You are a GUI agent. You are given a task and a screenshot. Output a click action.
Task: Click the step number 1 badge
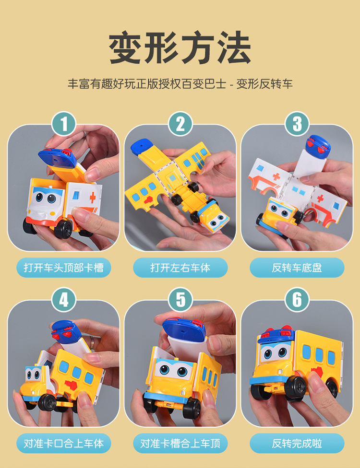tap(64, 124)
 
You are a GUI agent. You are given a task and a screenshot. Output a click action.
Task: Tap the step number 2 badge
tap(180, 124)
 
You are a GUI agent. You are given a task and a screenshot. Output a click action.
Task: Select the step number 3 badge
tap(297, 124)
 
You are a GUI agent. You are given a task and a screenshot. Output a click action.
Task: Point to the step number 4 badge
tap(64, 299)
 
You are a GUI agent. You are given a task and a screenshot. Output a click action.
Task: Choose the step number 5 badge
tap(180, 299)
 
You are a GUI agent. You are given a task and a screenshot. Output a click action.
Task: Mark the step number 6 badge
tap(297, 299)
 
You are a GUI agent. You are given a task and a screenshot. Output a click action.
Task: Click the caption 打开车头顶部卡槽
tap(64, 268)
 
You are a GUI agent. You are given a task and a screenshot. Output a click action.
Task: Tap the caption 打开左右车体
tap(180, 268)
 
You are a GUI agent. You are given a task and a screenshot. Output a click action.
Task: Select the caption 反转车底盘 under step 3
tap(297, 268)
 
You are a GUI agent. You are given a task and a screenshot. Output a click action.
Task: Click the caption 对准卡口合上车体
tap(64, 444)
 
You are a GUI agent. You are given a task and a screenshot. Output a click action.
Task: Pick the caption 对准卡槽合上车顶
tap(180, 444)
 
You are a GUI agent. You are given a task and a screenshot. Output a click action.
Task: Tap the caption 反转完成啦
tap(297, 444)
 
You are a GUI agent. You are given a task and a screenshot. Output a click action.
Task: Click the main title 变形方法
tap(180, 48)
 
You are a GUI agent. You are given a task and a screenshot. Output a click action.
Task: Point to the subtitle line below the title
tap(180, 84)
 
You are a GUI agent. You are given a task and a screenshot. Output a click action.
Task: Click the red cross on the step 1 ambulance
tap(92, 197)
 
